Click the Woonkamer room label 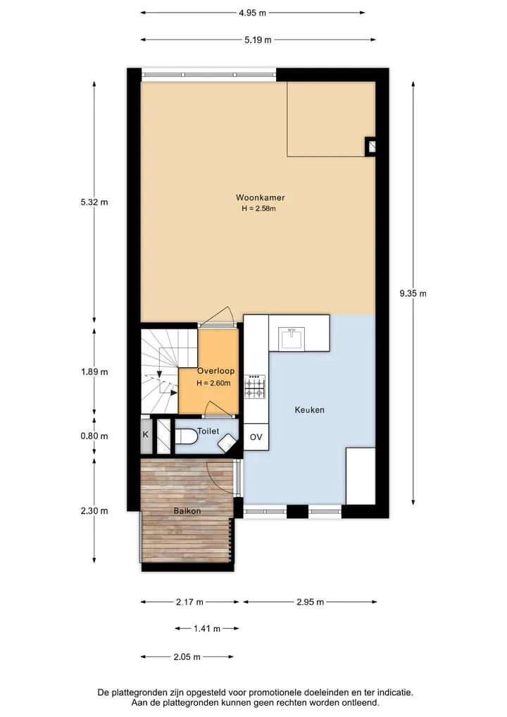tap(260, 197)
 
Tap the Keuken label tap(310, 410)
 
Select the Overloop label tap(215, 371)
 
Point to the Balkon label tap(187, 510)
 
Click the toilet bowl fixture tap(186, 436)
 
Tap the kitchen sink tap(292, 339)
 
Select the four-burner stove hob tap(255, 386)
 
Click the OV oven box tap(256, 437)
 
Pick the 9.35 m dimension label tap(413, 293)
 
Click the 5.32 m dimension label tap(94, 202)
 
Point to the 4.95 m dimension tap(252, 13)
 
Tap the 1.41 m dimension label tap(207, 629)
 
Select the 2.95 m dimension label tap(310, 602)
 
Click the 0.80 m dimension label tap(94, 436)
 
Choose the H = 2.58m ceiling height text tap(259, 209)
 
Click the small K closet tap(146, 435)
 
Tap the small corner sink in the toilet tap(227, 443)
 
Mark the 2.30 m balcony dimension tap(94, 510)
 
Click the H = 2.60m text tap(213, 384)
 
